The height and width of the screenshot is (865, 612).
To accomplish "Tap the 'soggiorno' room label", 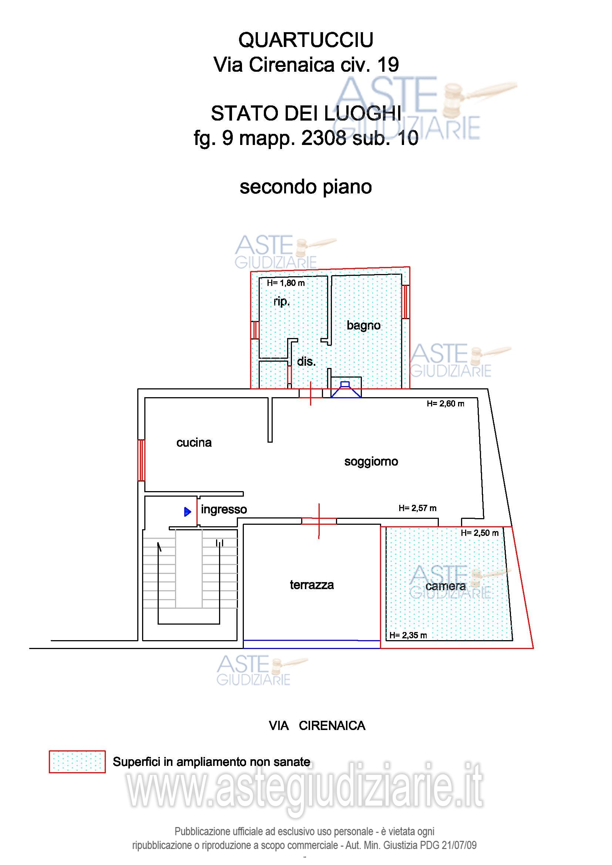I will tap(371, 462).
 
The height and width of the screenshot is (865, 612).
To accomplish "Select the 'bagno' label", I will tap(363, 325).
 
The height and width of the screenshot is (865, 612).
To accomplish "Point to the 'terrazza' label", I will tap(312, 585).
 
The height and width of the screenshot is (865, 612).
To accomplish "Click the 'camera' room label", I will tap(445, 586).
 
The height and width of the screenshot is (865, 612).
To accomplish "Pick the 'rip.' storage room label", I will tap(282, 302).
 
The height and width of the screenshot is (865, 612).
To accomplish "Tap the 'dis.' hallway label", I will tap(306, 362).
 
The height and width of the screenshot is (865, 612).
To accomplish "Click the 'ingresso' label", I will tap(224, 509).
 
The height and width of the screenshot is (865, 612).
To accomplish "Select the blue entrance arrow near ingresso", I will tap(188, 511).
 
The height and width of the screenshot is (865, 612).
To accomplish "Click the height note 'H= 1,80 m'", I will tap(286, 283).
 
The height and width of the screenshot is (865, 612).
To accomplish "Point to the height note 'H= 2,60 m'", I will tap(445, 404).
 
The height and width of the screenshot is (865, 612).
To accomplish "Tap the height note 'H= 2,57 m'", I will tap(417, 508).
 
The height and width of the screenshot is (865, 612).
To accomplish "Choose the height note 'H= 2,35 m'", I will tap(408, 635).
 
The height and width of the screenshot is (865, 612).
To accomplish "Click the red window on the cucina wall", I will tap(141, 460).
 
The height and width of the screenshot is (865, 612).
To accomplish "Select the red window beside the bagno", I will tap(405, 302).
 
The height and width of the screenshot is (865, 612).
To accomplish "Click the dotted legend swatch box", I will tap(77, 761).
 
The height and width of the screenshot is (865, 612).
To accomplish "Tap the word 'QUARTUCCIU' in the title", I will tap(306, 40).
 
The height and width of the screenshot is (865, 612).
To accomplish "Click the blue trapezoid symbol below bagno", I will tap(346, 389).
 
